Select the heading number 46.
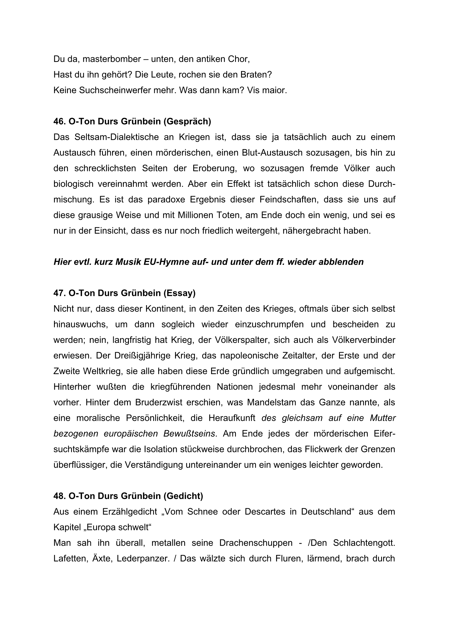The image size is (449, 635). coord(59,121)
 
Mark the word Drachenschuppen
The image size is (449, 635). coord(256,543)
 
